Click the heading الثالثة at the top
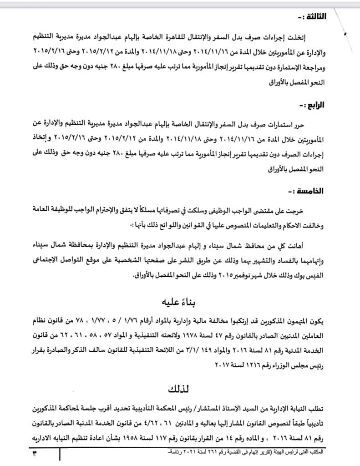(311, 17)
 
